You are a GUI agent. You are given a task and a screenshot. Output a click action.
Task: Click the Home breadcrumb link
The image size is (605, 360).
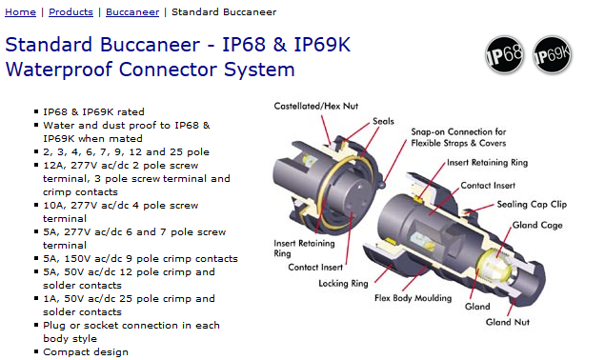coord(20,12)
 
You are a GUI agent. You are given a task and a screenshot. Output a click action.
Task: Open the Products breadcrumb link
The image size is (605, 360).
coord(71,12)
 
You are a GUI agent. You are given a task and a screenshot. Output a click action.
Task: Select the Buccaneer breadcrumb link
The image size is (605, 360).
coord(132,12)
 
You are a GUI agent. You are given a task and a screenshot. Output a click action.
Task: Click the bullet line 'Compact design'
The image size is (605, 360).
coord(86,352)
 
